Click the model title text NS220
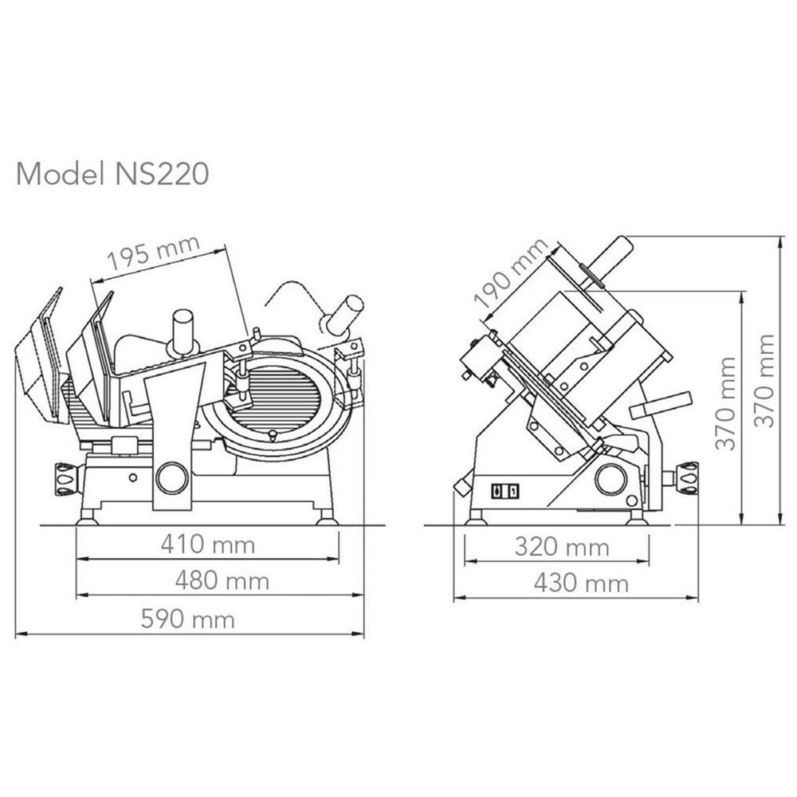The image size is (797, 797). click(x=156, y=174)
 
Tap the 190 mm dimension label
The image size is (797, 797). click(x=510, y=273)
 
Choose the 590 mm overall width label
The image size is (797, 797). click(x=188, y=619)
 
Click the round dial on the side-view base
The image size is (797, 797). click(x=610, y=479)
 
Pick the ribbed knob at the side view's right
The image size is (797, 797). click(x=685, y=479)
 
